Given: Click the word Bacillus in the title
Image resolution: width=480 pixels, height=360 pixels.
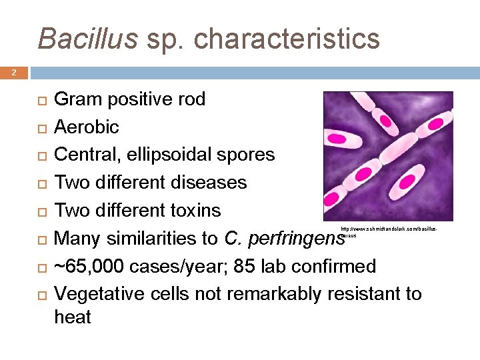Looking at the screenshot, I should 87,38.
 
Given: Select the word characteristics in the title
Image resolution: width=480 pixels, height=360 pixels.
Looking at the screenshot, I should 287,39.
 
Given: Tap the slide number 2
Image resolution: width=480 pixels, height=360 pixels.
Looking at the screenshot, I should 13,73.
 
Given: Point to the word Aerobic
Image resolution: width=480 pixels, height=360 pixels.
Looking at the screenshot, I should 86,127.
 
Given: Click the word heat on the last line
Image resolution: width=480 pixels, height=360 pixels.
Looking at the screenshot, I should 72,317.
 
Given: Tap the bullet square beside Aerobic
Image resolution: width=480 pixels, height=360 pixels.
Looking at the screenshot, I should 41,127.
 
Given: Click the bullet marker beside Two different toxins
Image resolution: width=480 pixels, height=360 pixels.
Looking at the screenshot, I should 41,211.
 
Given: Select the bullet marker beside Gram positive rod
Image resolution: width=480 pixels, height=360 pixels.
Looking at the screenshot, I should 41,100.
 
